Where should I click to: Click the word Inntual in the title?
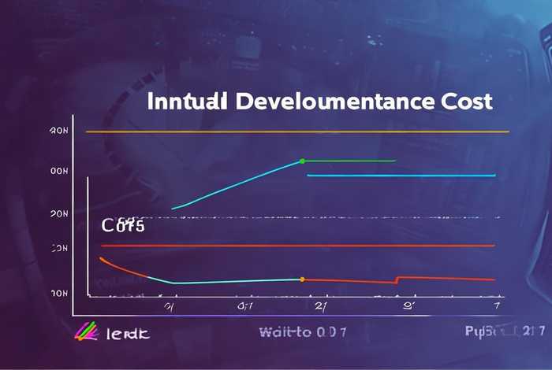pyautogui.click(x=188, y=102)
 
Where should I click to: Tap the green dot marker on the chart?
pyautogui.click(x=302, y=161)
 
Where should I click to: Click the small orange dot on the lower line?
pyautogui.click(x=302, y=279)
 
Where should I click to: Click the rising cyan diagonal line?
pyautogui.click(x=237, y=186)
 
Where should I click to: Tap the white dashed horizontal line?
pyautogui.click(x=315, y=217)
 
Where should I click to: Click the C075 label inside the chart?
pyautogui.click(x=123, y=226)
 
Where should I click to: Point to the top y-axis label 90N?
pyautogui.click(x=60, y=131)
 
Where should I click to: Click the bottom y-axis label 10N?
pyautogui.click(x=60, y=292)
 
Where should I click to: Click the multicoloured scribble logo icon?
pyautogui.click(x=84, y=333)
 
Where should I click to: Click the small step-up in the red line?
pyautogui.click(x=397, y=279)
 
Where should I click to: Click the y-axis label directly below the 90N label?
pyautogui.click(x=60, y=170)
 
